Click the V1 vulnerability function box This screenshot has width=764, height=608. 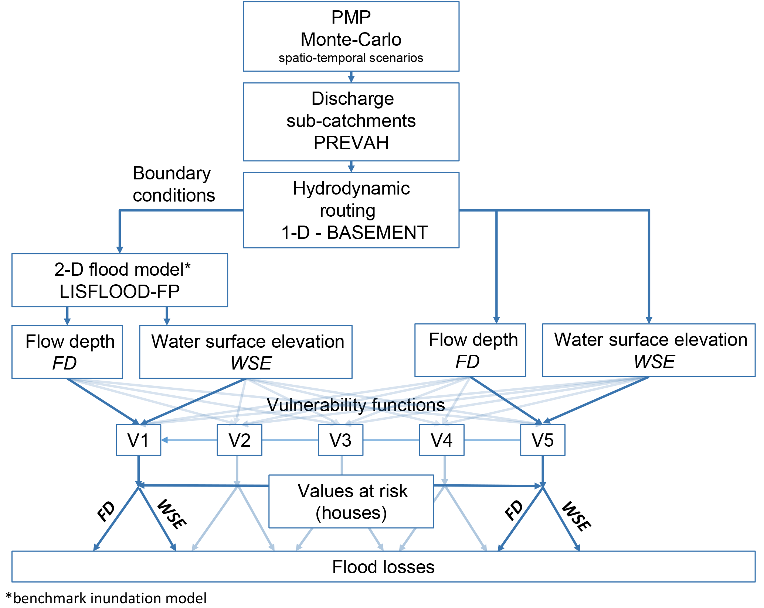pos(138,440)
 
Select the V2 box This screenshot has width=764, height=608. pos(240,440)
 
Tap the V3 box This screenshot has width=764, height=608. pos(340,440)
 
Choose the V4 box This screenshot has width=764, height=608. pos(442,440)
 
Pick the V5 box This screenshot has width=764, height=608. pos(543,440)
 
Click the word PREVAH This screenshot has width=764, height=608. pos(351,143)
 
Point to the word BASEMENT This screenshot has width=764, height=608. pos(377,233)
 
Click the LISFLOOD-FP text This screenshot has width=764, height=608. pos(120,292)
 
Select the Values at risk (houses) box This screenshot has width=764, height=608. pos(351,501)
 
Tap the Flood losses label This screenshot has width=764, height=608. pos(383,567)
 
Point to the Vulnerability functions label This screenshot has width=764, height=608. pos(356,405)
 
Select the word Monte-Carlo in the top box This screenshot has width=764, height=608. pos(351,39)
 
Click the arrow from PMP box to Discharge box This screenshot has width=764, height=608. pos(351,77)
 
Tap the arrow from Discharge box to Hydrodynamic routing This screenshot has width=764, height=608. pos(351,166)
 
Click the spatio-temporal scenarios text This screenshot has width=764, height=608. pos(351,58)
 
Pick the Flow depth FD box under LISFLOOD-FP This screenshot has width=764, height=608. pos(67,352)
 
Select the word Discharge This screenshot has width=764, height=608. pos(353,99)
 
